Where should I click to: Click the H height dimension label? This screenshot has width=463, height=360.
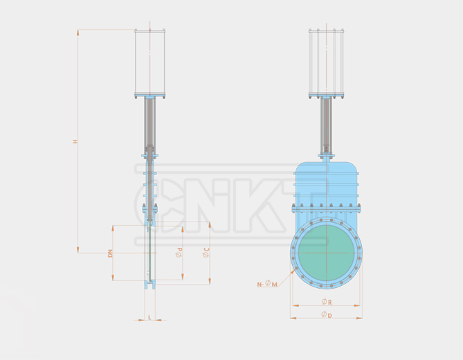coord(75,141)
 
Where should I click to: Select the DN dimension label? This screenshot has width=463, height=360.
coord(110,253)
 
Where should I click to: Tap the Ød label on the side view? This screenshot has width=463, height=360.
coord(179,253)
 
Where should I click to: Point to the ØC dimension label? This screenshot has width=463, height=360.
coord(206,253)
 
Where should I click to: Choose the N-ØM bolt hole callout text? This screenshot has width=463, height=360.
coord(266,284)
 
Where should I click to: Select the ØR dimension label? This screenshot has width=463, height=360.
coord(325,302)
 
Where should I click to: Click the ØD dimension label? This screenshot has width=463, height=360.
coord(325,315)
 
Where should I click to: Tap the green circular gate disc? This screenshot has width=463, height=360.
coord(325,252)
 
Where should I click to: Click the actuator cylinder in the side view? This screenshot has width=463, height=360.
coord(150,62)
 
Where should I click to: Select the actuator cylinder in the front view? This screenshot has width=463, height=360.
coord(326,62)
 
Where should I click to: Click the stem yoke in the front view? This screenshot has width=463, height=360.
coord(326,125)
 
